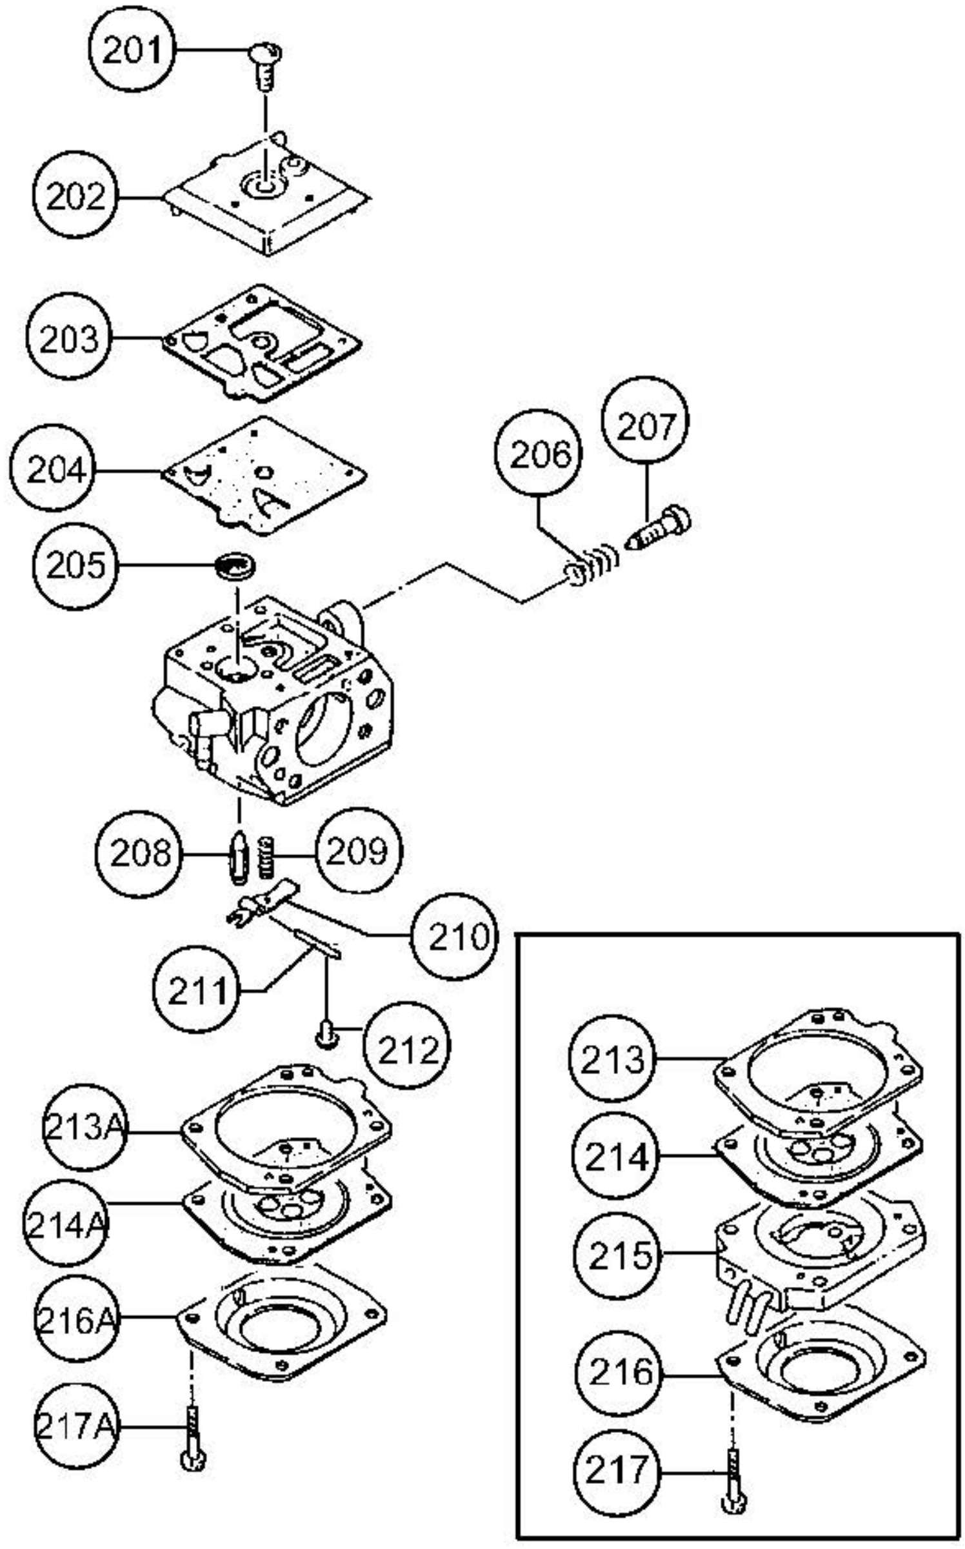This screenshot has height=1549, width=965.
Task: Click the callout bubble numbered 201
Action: pyautogui.click(x=132, y=50)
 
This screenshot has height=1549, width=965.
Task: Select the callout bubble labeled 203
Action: pyautogui.click(x=69, y=338)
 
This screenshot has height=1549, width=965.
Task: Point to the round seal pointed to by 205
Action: pyautogui.click(x=235, y=566)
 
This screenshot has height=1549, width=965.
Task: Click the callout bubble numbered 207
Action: pyautogui.click(x=645, y=426)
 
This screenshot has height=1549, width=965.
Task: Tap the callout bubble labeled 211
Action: pyautogui.click(x=196, y=990)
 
